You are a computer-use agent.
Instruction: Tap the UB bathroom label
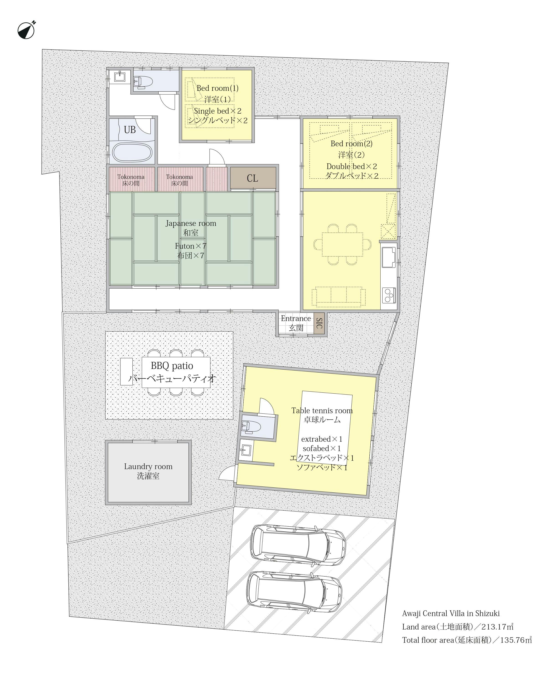(129, 130)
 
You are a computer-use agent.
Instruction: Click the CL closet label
(253, 178)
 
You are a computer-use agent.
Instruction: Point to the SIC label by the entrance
(319, 323)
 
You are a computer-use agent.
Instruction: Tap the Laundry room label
(148, 467)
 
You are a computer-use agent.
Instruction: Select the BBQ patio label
(172, 366)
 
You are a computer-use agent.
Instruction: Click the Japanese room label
(191, 223)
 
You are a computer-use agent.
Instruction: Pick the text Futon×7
(191, 246)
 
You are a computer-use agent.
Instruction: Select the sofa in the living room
(338, 296)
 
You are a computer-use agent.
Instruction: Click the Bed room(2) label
(351, 144)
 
